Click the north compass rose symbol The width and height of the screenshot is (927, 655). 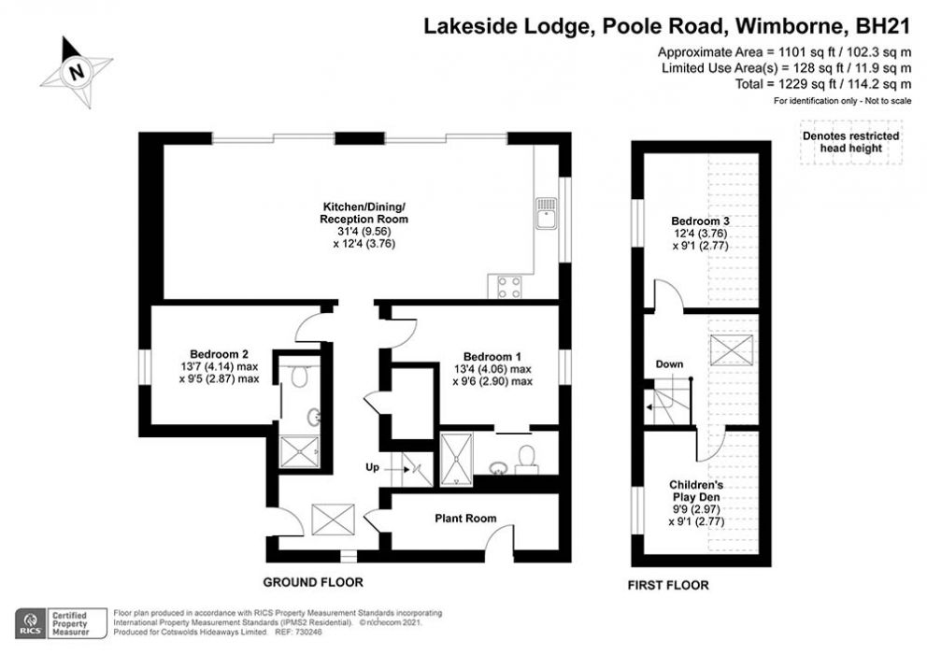tap(77, 71)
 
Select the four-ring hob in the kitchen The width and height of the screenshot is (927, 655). tap(509, 287)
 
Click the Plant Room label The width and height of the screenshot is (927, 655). tap(465, 518)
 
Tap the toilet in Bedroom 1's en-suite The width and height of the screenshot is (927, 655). tap(527, 456)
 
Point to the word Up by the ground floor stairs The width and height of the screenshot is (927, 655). tap(371, 466)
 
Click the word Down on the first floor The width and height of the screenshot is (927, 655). tap(669, 363)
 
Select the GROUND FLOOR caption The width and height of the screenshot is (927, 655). tap(312, 581)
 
